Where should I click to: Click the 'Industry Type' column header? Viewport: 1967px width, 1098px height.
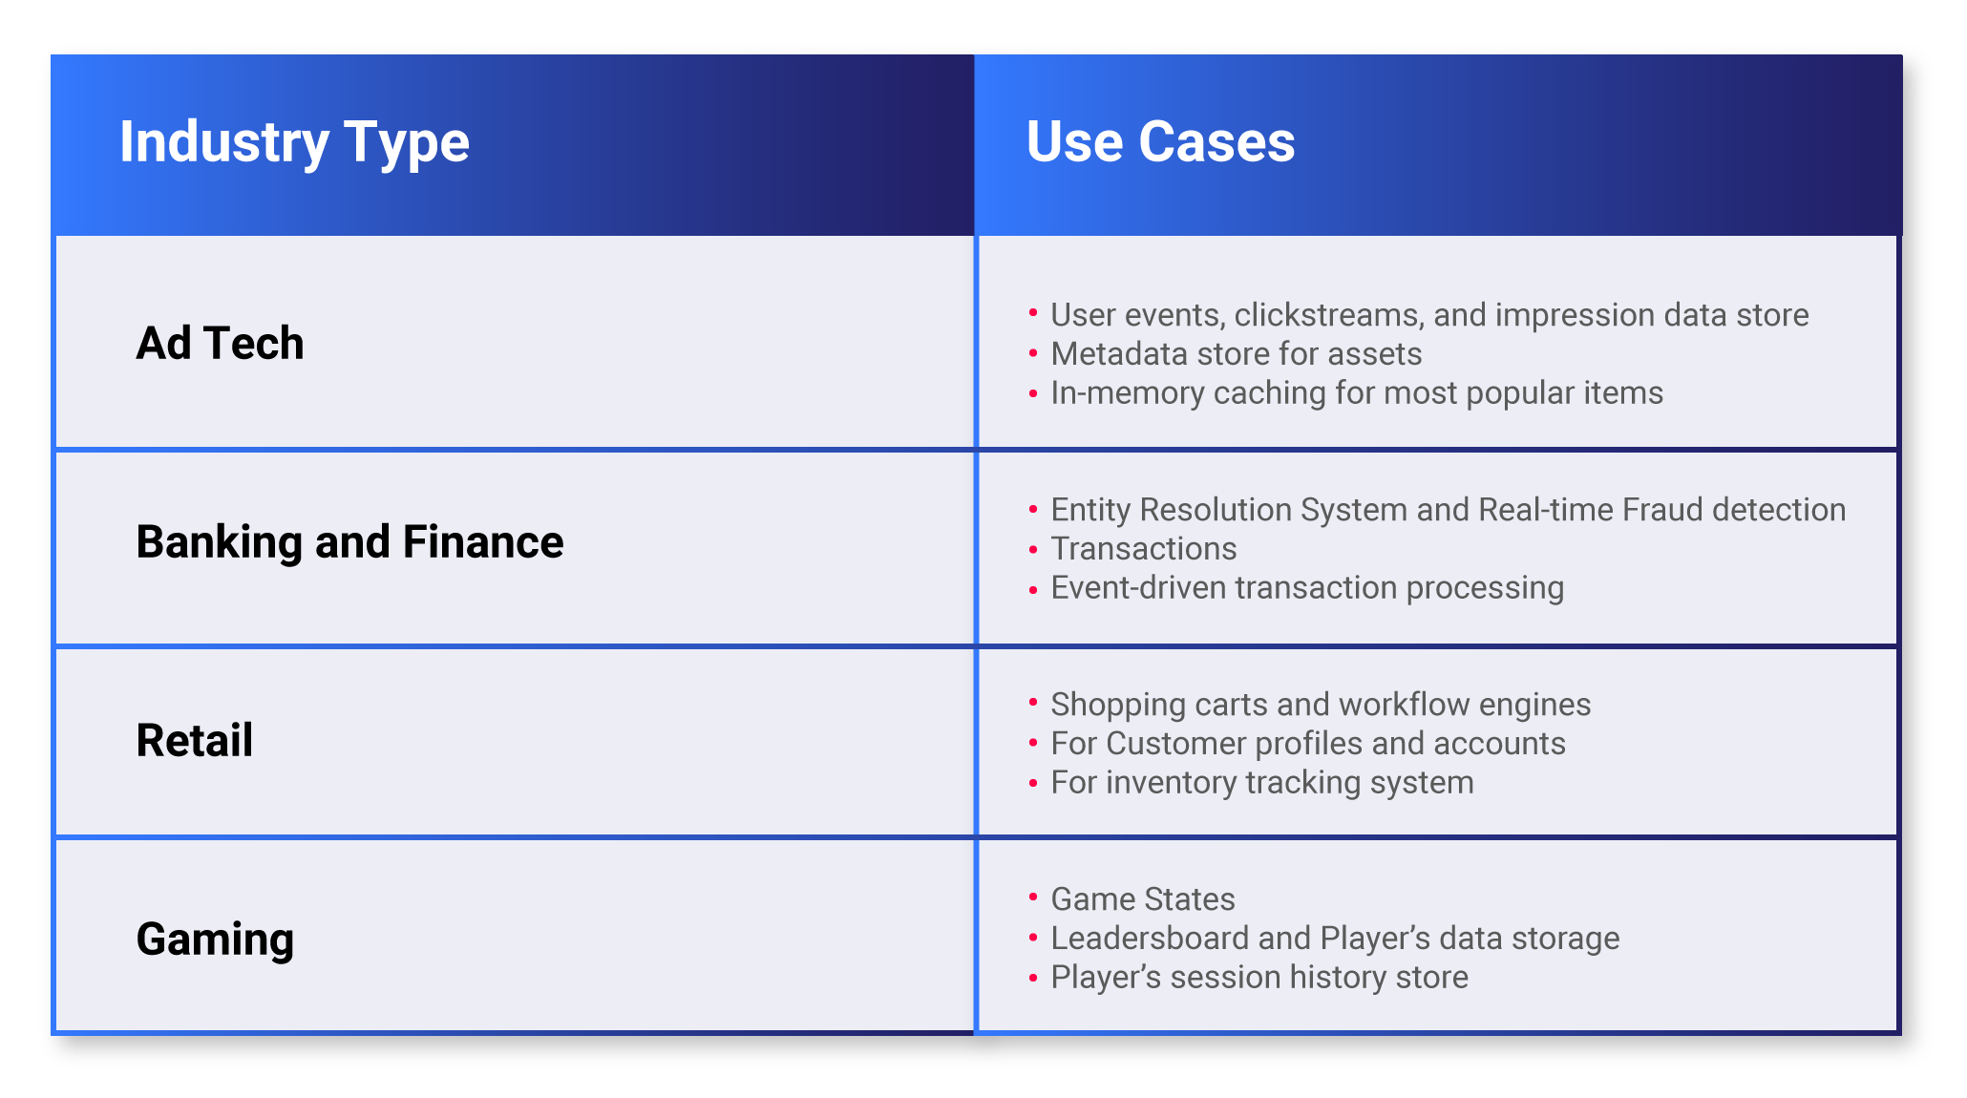(294, 143)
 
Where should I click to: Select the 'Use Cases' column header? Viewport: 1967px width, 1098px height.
(1160, 142)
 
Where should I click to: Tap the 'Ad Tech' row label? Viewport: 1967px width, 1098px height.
(220, 343)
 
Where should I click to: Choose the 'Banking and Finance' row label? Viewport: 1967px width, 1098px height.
(349, 541)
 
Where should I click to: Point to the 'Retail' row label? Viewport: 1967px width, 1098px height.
(195, 740)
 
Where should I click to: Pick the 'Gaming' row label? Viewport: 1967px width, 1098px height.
(215, 940)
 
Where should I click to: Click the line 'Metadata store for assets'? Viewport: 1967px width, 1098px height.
(1237, 354)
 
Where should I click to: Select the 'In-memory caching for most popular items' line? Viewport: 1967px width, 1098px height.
(1357, 393)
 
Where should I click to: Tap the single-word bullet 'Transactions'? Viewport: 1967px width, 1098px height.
(1144, 549)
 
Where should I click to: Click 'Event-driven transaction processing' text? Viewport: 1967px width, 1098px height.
(1307, 588)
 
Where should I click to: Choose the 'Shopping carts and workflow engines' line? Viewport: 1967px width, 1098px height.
(1321, 705)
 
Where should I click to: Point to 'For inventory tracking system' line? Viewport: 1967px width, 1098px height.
(1262, 783)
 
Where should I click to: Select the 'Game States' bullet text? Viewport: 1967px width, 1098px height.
(1143, 899)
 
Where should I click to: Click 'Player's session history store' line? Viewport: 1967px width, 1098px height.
(1259, 978)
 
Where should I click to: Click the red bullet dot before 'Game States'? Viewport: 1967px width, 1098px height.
(1033, 897)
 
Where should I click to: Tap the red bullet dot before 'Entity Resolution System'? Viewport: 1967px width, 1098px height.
(1033, 510)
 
